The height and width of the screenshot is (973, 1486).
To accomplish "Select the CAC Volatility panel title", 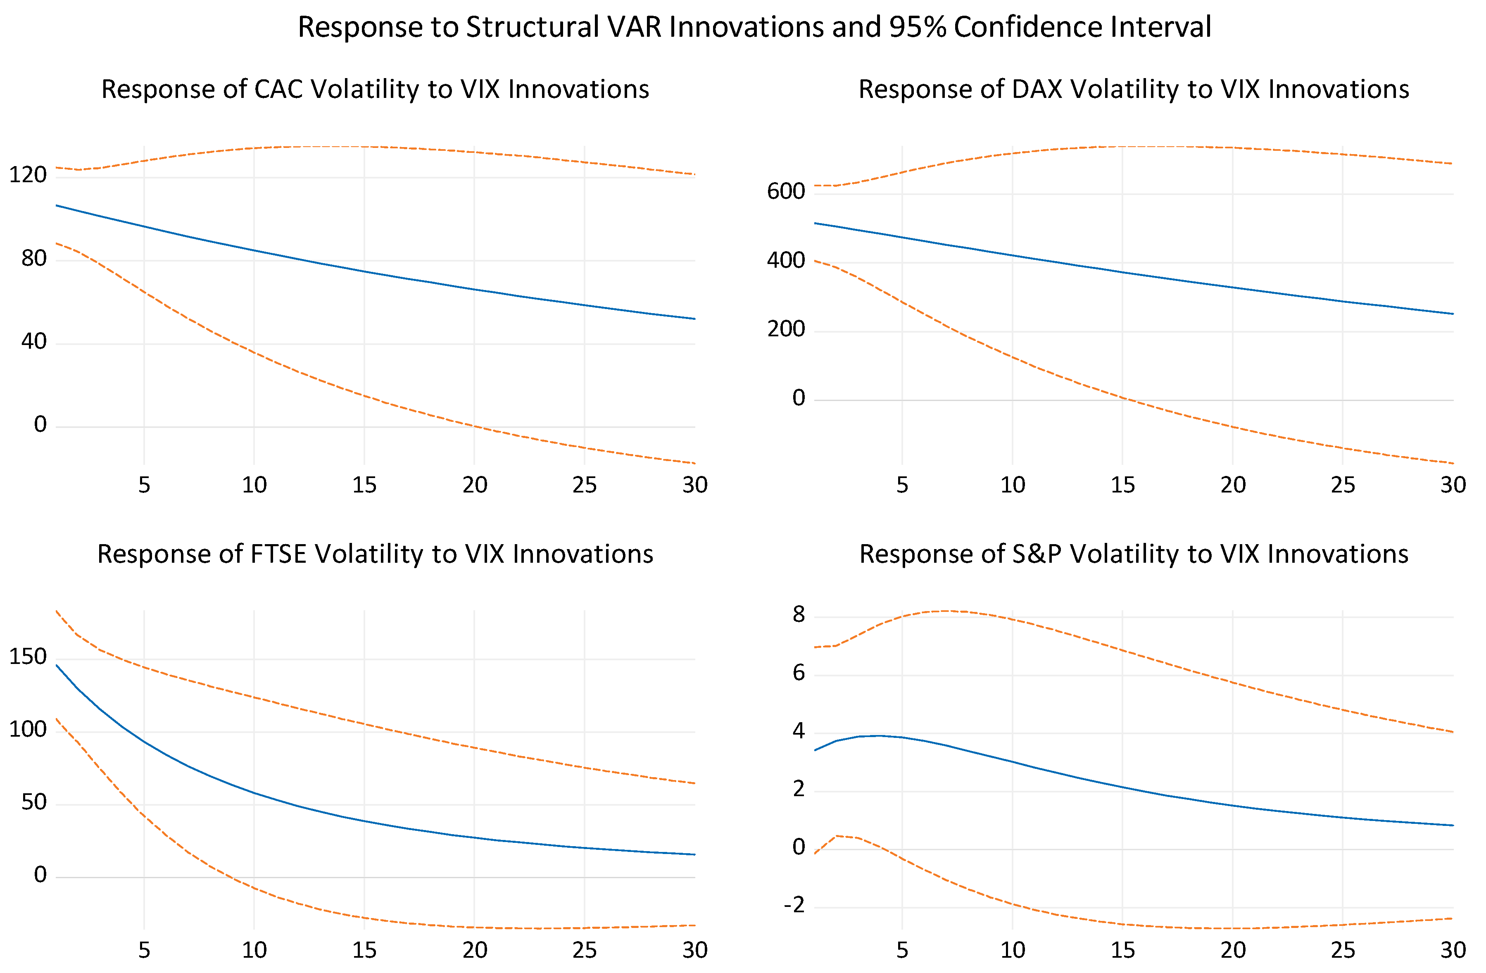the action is (375, 89).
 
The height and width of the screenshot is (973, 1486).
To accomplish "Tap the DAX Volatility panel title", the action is (1134, 89).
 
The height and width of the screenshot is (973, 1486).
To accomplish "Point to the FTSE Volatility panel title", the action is (375, 554).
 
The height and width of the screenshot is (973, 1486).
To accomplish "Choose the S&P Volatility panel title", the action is (1134, 554).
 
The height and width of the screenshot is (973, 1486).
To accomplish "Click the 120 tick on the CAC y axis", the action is (28, 175).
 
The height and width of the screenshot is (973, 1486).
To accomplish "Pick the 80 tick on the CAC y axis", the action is (34, 258).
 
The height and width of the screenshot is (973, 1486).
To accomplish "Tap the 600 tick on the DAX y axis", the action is (786, 191).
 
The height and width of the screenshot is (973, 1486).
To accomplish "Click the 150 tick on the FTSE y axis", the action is (28, 657).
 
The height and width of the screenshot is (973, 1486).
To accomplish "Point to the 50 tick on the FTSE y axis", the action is (34, 802).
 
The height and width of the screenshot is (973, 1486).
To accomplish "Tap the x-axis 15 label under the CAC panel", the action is (365, 485).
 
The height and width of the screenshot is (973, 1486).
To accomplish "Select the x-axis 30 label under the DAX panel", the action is (1453, 485).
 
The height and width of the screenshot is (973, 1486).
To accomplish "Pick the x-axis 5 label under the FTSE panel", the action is (144, 950).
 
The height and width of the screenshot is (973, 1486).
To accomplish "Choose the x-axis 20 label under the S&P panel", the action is (1233, 950).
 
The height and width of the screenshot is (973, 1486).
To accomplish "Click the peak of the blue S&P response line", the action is (880, 735).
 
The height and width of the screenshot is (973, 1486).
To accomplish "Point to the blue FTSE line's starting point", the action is (57, 665).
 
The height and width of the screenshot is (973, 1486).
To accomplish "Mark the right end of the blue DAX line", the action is (1453, 314).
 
